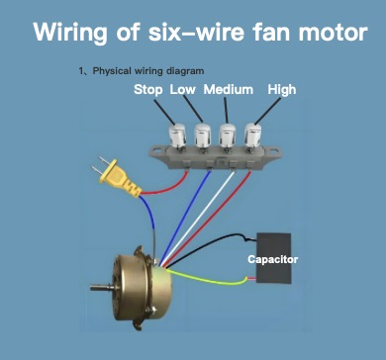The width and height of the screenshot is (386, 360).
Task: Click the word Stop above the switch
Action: pyautogui.click(x=147, y=90)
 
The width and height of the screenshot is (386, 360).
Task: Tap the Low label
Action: pyautogui.click(x=182, y=89)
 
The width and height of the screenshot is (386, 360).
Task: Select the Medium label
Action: pyautogui.click(x=229, y=89)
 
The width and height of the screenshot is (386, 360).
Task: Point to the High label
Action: pyautogui.click(x=282, y=90)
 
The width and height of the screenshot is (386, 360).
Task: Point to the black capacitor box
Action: pyautogui.click(x=274, y=258)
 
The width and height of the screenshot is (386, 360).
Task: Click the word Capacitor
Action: pyautogui.click(x=272, y=259)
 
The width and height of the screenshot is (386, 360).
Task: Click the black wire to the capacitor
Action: pyautogui.click(x=211, y=244)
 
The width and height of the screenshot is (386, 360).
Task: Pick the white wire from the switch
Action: pyautogui.click(x=199, y=218)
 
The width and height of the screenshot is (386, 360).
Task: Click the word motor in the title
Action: pyautogui.click(x=333, y=32)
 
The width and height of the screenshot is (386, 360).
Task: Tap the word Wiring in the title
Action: pyautogui.click(x=70, y=33)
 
